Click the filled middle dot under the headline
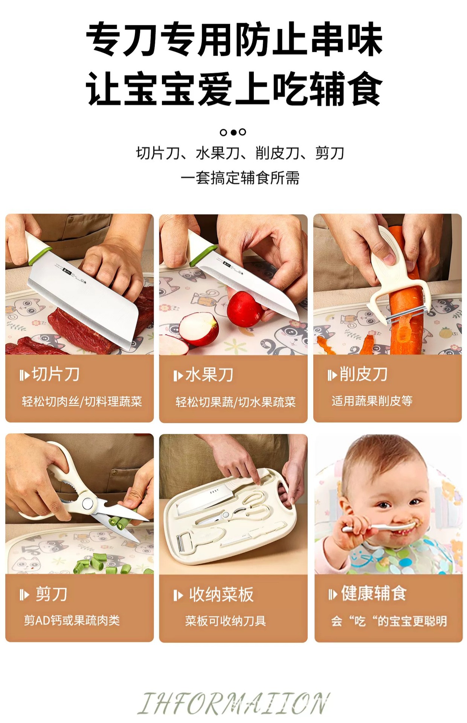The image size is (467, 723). point(233,132)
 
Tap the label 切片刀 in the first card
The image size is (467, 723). point(56,374)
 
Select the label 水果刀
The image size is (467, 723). point(209,375)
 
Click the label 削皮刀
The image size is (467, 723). point(364,374)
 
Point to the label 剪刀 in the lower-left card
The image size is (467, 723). point(52,594)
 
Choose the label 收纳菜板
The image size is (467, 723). point(221,595)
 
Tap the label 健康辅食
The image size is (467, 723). point(374,593)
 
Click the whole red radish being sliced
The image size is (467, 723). point(245,309)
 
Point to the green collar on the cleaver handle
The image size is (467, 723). point(40,255)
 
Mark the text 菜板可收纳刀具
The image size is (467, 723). point(225,621)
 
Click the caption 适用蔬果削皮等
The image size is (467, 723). point(372,401)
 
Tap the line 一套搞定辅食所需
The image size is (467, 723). point(240,178)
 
